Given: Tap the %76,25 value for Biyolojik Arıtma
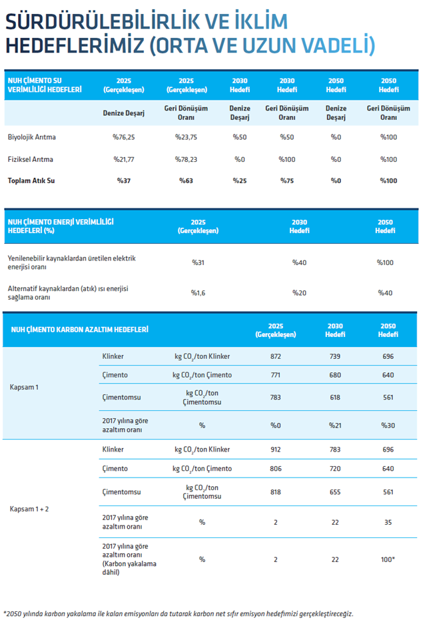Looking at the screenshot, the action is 124,137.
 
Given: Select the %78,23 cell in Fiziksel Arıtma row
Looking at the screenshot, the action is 186,159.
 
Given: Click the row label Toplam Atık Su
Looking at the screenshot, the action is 31,180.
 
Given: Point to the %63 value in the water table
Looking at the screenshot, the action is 186,180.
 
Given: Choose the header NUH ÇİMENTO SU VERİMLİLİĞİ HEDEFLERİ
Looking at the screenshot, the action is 45,85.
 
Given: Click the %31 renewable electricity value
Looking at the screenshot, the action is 198,262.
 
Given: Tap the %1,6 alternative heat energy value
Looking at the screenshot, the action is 198,292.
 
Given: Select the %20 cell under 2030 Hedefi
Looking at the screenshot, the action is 299,292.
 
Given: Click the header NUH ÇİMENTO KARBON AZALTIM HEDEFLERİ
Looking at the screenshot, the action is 79,330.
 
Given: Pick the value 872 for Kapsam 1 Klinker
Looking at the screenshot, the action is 276,356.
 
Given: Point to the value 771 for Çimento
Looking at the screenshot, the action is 276,375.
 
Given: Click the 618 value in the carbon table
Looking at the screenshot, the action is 335,397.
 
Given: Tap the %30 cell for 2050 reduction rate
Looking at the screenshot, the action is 388,425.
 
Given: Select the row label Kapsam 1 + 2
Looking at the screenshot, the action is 29,509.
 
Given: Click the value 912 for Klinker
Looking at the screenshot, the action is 276,449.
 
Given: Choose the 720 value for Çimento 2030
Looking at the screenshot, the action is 335,468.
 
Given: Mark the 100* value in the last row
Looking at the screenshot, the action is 388,559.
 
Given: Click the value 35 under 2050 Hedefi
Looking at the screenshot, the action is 388,522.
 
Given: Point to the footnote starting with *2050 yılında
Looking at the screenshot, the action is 178,613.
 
